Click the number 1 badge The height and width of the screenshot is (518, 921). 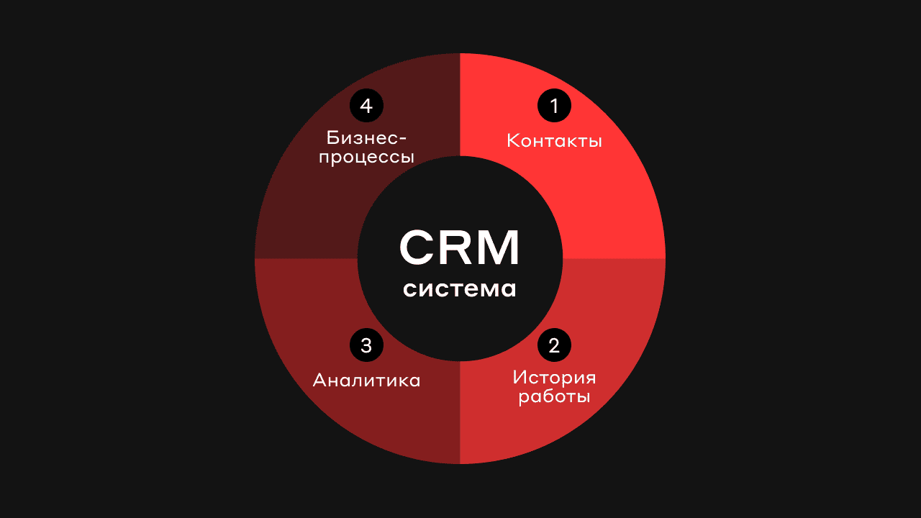[x=554, y=106]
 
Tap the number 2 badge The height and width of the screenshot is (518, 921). [x=554, y=345]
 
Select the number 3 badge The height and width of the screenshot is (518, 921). [x=366, y=345]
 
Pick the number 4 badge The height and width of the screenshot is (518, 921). [x=366, y=106]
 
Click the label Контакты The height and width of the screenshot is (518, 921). [x=554, y=140]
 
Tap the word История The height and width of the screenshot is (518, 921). [x=554, y=378]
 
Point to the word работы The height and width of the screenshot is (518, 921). [x=554, y=396]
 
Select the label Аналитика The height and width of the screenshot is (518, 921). [x=366, y=380]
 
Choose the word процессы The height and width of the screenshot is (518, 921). [x=366, y=156]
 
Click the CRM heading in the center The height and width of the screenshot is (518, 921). [x=460, y=247]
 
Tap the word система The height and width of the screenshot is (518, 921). [x=460, y=289]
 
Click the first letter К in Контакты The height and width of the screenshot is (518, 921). [x=512, y=140]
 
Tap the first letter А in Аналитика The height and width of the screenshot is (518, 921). [x=320, y=380]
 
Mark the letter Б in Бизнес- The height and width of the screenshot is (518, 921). [x=332, y=137]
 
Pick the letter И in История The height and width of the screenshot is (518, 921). [x=520, y=378]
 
